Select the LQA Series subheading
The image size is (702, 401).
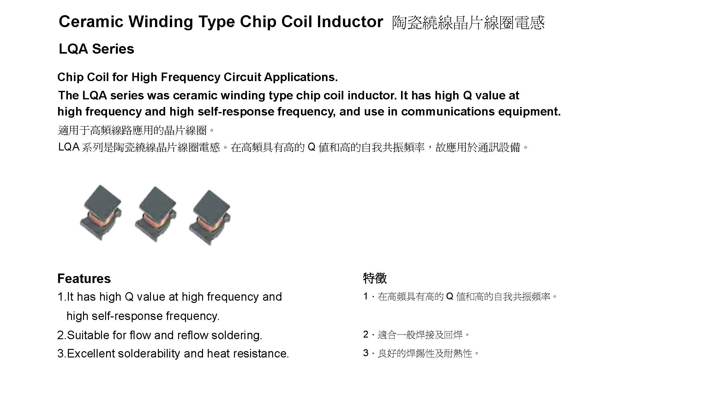pos(96,49)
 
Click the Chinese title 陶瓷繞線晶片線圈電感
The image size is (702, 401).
pos(468,23)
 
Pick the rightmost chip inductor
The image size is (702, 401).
pos(210,217)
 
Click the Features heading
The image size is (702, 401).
pos(84,279)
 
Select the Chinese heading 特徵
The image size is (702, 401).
pos(375,278)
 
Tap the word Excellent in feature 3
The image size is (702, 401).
pos(91,354)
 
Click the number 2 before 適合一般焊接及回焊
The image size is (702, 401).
pos(366,334)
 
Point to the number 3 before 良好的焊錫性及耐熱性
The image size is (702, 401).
pos(366,353)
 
